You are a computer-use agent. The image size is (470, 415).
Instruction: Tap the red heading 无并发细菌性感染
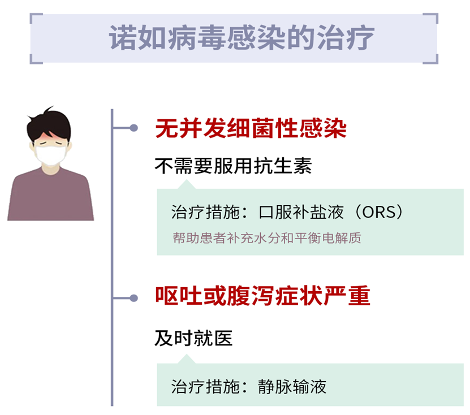coord(251,129)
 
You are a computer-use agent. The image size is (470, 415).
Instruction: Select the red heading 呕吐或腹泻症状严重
coord(263,297)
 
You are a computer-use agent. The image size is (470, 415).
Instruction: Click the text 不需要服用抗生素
coord(233,166)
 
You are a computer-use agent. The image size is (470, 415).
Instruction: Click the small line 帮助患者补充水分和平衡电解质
coord(267,237)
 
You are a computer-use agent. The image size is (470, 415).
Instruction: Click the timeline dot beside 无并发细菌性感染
coord(133,128)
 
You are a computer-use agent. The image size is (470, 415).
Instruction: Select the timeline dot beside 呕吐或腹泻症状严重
coord(133,297)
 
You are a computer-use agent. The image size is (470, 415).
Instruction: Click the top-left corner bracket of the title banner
coord(35,18)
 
